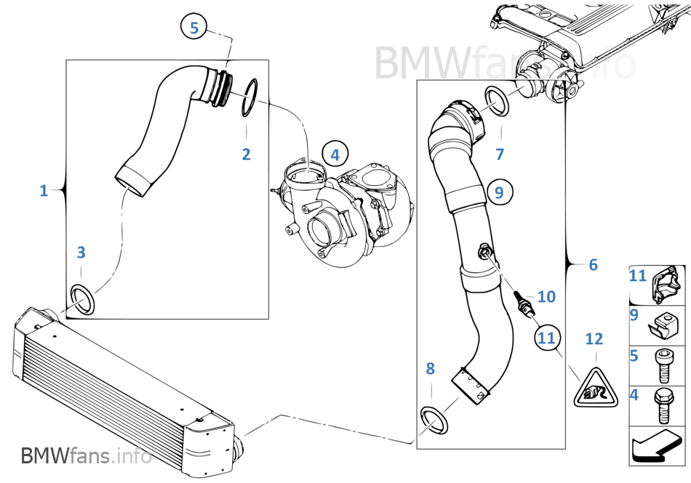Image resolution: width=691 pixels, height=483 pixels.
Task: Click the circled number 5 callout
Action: tap(193, 28)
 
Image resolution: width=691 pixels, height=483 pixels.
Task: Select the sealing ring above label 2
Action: tap(249, 97)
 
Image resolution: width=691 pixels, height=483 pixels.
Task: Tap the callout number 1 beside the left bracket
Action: tap(43, 190)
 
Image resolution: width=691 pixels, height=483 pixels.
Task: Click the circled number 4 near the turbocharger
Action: tap(335, 155)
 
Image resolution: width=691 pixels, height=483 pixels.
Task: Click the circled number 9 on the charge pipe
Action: tap(498, 192)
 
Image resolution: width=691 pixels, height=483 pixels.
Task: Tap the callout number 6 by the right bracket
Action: tap(593, 265)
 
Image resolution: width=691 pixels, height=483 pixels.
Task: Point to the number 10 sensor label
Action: tap(546, 296)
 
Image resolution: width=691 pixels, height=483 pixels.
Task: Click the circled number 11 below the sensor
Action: tap(546, 337)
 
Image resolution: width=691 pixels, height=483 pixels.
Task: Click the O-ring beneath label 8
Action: tap(434, 422)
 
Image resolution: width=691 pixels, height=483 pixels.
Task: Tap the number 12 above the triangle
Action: tap(594, 338)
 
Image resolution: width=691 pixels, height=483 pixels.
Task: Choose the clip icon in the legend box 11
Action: tap(666, 286)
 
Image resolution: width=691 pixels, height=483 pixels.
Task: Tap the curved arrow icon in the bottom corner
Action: tap(657, 445)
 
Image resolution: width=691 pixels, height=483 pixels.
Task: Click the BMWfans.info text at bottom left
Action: tap(87, 456)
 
